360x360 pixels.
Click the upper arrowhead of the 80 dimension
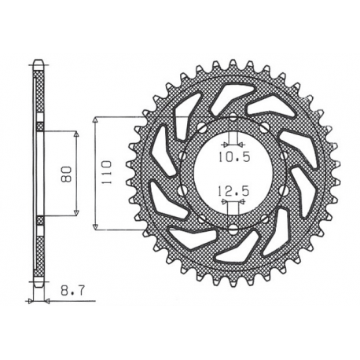click(x=76, y=134)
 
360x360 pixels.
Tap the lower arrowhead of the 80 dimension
click(x=76, y=212)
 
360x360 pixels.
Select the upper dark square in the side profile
click(x=40, y=126)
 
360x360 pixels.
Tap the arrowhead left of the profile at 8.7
click(x=32, y=300)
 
